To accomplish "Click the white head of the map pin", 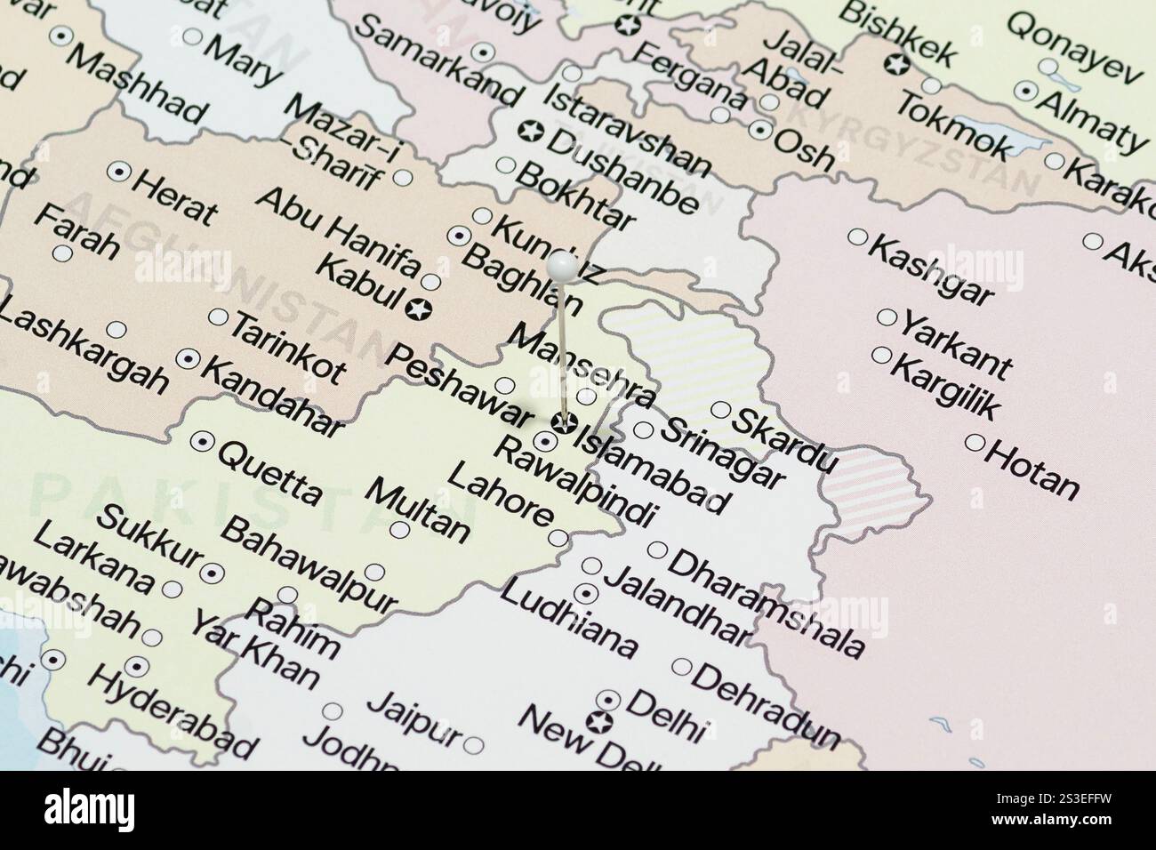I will click(x=561, y=265).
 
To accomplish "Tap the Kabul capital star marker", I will click(x=415, y=309).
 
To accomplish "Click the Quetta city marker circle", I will click(x=202, y=440).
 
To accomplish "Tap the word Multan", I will click(x=417, y=510).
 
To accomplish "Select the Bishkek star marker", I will click(x=896, y=64).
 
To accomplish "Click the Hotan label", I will click(x=1032, y=469).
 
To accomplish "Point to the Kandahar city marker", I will click(x=188, y=359).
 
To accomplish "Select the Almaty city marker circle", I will click(x=1027, y=91).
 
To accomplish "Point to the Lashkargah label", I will click(x=84, y=349).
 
